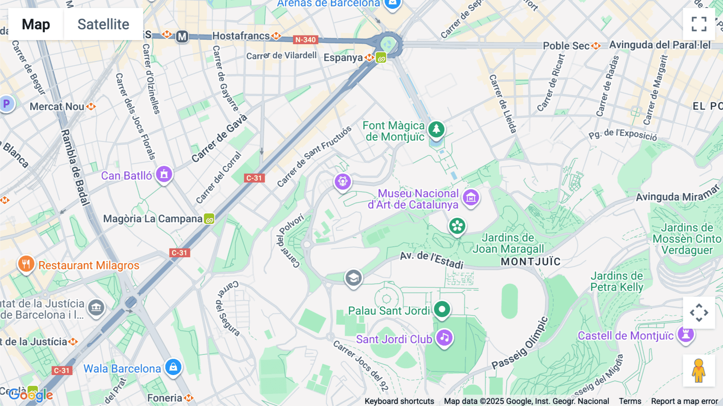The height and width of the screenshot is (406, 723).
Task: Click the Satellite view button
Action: pos(103,25)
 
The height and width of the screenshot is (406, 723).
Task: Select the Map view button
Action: pos(36,25)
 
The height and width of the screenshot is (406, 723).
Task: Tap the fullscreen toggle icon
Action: pos(699,24)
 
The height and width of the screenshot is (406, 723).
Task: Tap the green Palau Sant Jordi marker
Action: pos(442,310)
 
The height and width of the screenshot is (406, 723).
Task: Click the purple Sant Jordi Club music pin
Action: pos(444,338)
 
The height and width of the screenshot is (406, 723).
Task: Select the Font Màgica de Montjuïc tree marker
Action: pos(436,129)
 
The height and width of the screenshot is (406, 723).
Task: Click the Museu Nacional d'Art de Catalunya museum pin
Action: pos(471,197)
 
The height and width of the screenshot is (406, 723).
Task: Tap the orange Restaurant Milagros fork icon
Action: pos(26,264)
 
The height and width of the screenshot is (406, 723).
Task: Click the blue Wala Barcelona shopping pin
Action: pos(174,367)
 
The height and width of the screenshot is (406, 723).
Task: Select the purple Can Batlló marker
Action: pos(164,174)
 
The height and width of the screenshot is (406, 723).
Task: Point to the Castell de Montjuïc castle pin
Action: pos(686,334)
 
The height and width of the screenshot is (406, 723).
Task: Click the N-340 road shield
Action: pos(306,40)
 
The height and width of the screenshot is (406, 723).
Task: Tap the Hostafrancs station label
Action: pos(241,36)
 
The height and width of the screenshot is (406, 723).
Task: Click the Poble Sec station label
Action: pos(566,46)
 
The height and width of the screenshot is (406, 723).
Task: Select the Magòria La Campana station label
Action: pos(153,219)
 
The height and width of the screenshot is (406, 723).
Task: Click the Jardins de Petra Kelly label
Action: pos(617,281)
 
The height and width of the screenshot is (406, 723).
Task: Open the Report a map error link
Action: pos(684,401)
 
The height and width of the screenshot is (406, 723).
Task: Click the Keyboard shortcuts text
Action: pos(399,401)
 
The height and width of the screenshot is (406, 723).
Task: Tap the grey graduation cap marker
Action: pos(353,278)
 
